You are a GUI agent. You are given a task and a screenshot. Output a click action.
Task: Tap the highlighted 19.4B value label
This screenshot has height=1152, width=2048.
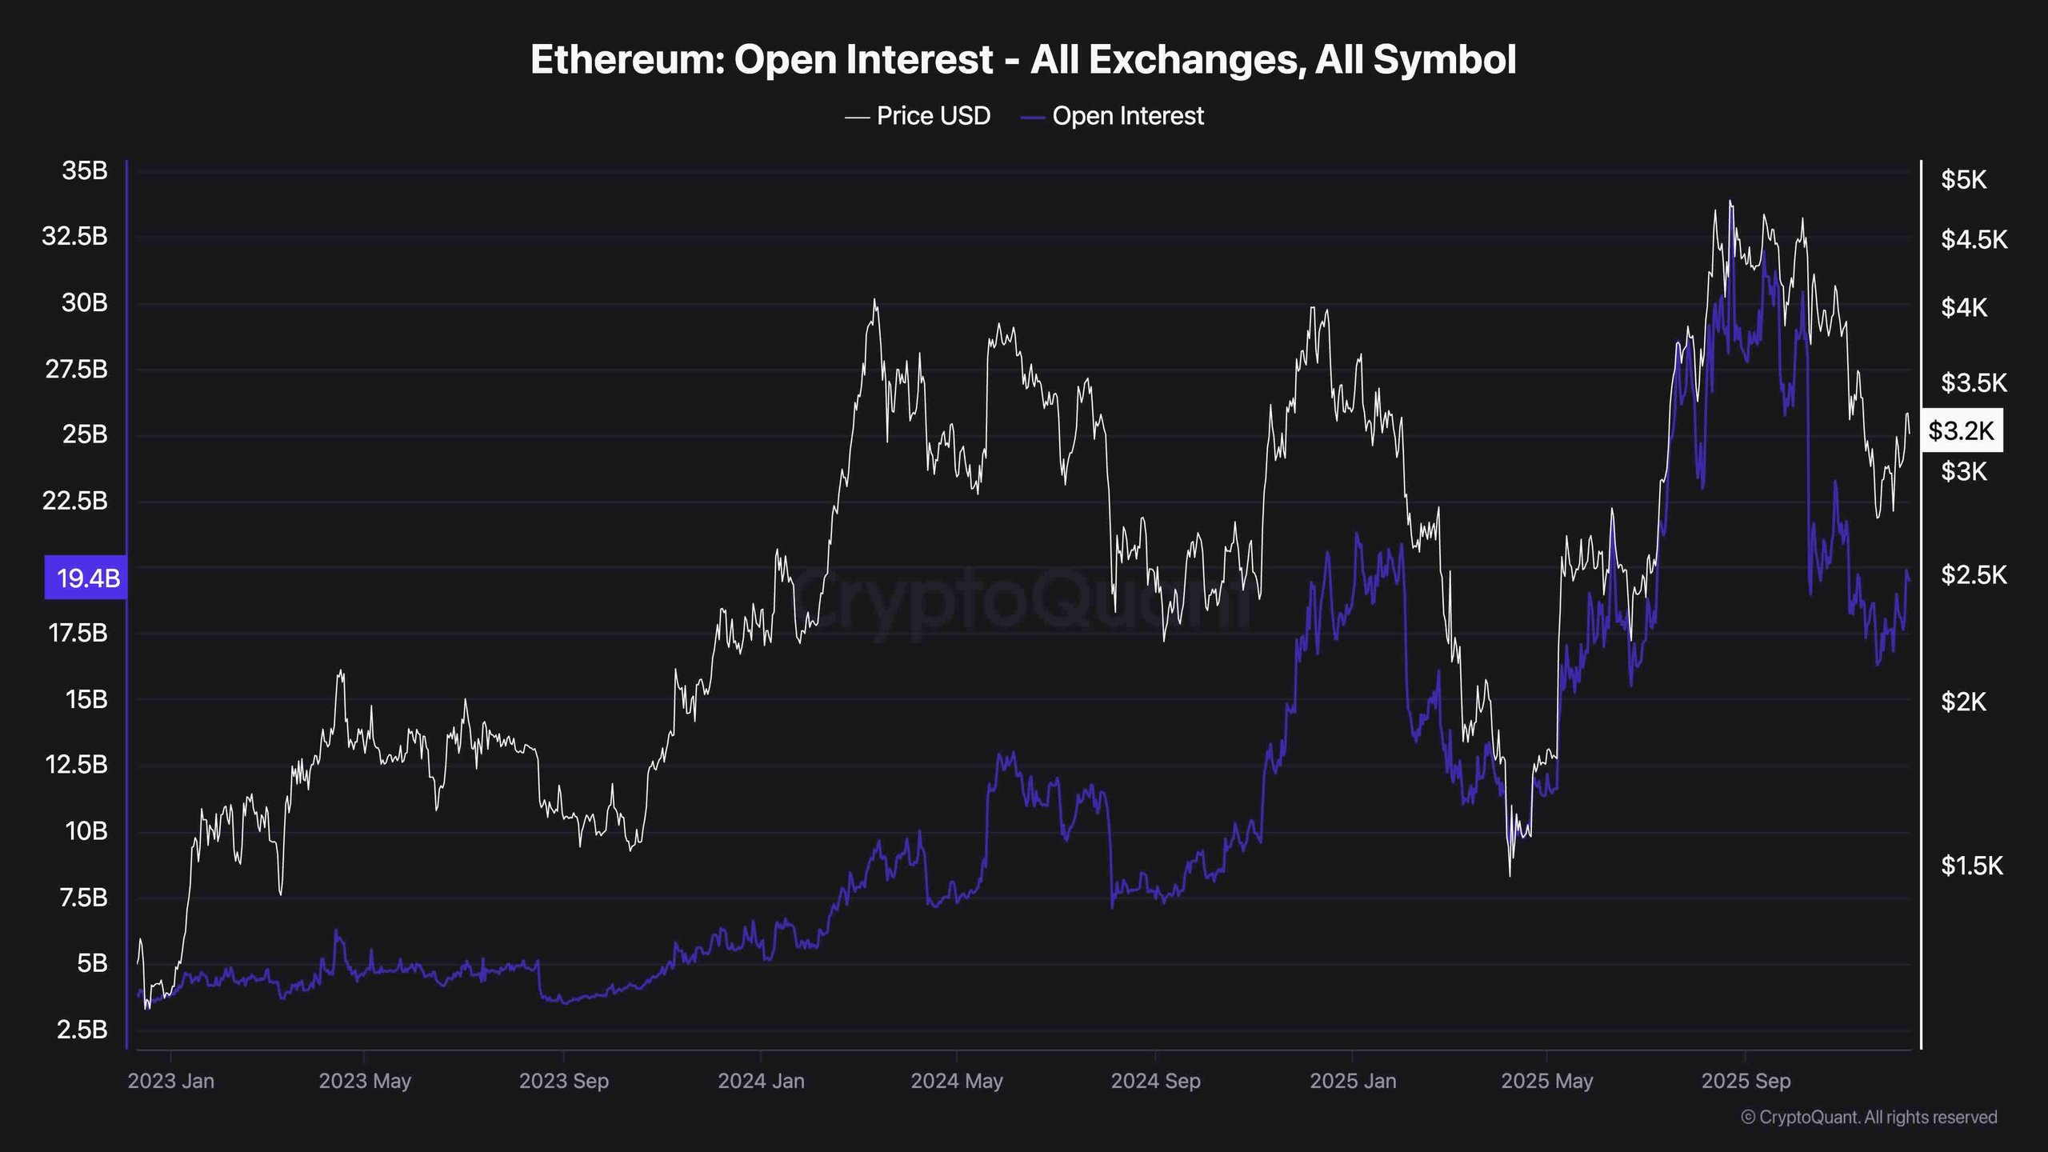[86, 577]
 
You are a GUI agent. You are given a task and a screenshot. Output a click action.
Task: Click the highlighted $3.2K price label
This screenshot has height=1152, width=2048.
[1961, 431]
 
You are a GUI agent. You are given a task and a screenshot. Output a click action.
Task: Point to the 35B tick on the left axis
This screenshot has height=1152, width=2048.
[84, 171]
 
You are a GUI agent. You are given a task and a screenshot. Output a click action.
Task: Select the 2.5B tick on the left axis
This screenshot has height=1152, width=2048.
[82, 1029]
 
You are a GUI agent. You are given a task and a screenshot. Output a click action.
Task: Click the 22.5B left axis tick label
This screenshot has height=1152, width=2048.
[74, 501]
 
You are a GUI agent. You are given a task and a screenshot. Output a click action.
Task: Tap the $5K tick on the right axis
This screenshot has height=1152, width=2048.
[1963, 180]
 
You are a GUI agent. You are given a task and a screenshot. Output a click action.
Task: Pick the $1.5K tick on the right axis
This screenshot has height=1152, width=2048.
[1971, 865]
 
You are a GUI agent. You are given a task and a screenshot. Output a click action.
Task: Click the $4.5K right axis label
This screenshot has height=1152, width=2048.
[1973, 239]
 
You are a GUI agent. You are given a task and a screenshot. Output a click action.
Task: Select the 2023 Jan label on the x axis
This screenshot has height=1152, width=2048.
[170, 1081]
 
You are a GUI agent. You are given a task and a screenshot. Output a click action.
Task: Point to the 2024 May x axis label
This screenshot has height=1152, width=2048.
[956, 1081]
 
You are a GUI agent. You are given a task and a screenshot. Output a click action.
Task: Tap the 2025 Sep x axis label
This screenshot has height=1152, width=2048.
[1746, 1081]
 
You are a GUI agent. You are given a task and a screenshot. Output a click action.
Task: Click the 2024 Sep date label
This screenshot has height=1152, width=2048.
[1155, 1081]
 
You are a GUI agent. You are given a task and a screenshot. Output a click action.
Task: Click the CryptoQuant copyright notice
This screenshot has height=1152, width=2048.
[1869, 1117]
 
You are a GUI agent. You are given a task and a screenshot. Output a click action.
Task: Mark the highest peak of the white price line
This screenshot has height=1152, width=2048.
[1730, 202]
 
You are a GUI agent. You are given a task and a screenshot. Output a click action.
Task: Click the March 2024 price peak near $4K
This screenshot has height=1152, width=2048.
[874, 300]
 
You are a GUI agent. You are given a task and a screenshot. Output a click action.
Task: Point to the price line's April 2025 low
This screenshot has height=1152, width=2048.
[1510, 875]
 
